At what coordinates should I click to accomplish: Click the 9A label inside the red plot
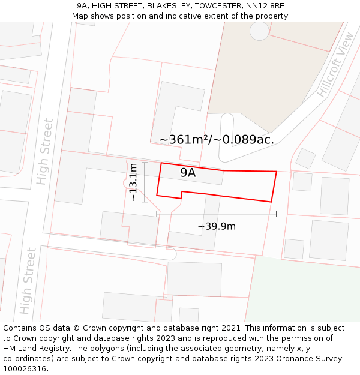[x=188, y=173]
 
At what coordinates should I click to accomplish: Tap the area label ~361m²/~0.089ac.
[x=217, y=140]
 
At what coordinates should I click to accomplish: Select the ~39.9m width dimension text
[x=217, y=226]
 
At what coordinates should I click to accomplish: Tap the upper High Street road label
[x=45, y=151]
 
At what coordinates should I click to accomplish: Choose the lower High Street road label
[x=28, y=281]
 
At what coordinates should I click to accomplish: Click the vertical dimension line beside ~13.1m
[x=145, y=182]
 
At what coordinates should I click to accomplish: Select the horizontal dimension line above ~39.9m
[x=217, y=214]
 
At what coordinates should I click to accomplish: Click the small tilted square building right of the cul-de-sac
[x=305, y=158]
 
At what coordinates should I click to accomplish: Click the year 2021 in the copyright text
[x=231, y=328]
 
